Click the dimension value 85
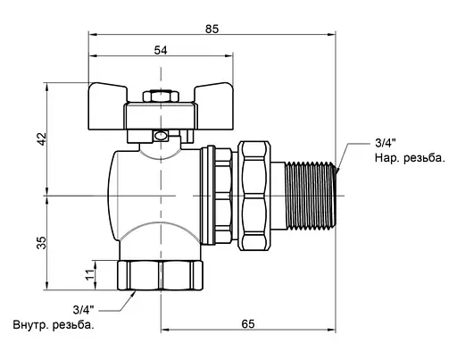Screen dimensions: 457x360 point(212,29)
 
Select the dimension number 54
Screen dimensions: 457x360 point(161,50)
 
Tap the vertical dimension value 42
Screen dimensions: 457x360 point(42,138)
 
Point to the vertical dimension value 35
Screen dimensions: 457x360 point(42,243)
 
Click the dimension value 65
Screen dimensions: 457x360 point(248,323)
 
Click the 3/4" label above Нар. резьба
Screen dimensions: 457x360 point(386,143)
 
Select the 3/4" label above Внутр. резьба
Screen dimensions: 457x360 point(83,310)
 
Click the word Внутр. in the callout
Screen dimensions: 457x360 point(31,324)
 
